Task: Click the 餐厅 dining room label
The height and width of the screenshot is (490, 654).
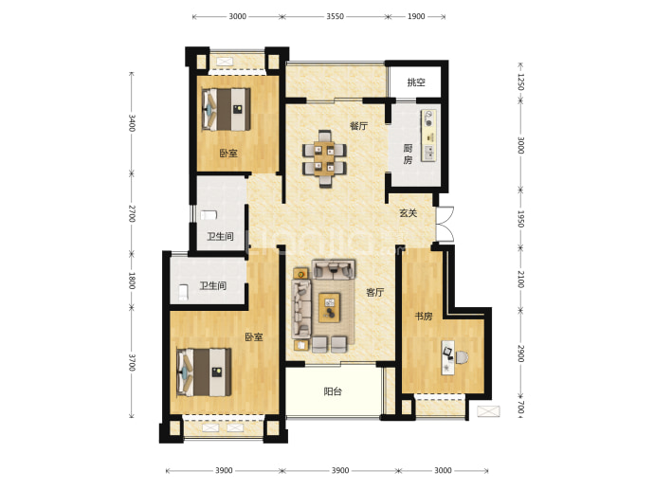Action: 358,125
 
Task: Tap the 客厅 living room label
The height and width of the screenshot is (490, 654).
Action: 374,292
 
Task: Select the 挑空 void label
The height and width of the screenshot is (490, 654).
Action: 416,82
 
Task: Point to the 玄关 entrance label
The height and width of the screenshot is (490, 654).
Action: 408,213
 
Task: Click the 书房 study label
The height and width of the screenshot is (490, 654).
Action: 423,317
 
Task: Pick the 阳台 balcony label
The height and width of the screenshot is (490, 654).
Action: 333,391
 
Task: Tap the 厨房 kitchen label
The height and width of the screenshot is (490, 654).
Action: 408,154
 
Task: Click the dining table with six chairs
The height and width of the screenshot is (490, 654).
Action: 324,158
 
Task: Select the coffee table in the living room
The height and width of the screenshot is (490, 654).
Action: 330,308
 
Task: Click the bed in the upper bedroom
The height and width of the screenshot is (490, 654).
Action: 227,109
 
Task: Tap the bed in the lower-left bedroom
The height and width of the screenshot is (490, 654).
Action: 204,372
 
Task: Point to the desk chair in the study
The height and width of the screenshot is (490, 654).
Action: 462,357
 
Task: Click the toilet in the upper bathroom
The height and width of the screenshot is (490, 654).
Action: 209,215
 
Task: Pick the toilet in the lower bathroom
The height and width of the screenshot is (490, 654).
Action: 183,292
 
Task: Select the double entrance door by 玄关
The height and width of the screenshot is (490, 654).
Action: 445,224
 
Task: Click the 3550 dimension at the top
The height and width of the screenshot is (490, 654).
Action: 335,16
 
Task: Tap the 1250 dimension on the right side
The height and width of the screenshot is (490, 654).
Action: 520,82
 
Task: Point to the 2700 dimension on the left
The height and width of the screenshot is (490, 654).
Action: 132,213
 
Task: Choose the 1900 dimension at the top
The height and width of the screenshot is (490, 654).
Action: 416,16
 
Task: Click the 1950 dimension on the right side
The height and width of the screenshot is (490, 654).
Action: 520,219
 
